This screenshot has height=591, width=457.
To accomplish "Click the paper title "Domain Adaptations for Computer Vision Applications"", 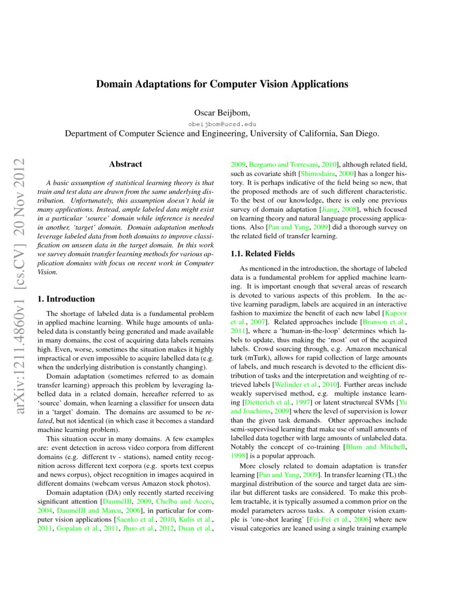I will [x=222, y=84].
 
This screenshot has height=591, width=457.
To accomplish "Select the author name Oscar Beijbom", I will [x=221, y=113].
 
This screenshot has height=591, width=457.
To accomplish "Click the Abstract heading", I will [x=125, y=164].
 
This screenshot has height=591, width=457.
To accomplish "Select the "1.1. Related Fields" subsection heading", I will [x=262, y=254].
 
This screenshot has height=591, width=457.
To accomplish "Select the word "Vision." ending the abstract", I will [x=47, y=272].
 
